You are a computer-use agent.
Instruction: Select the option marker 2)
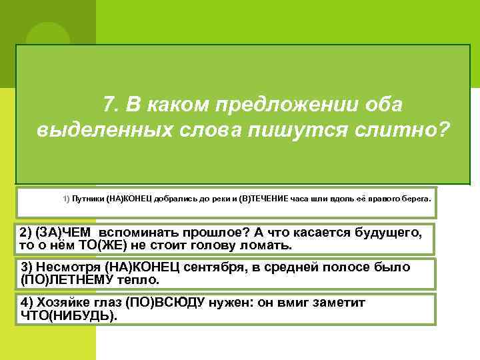pos(27,233)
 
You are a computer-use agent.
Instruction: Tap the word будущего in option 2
pos(387,233)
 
